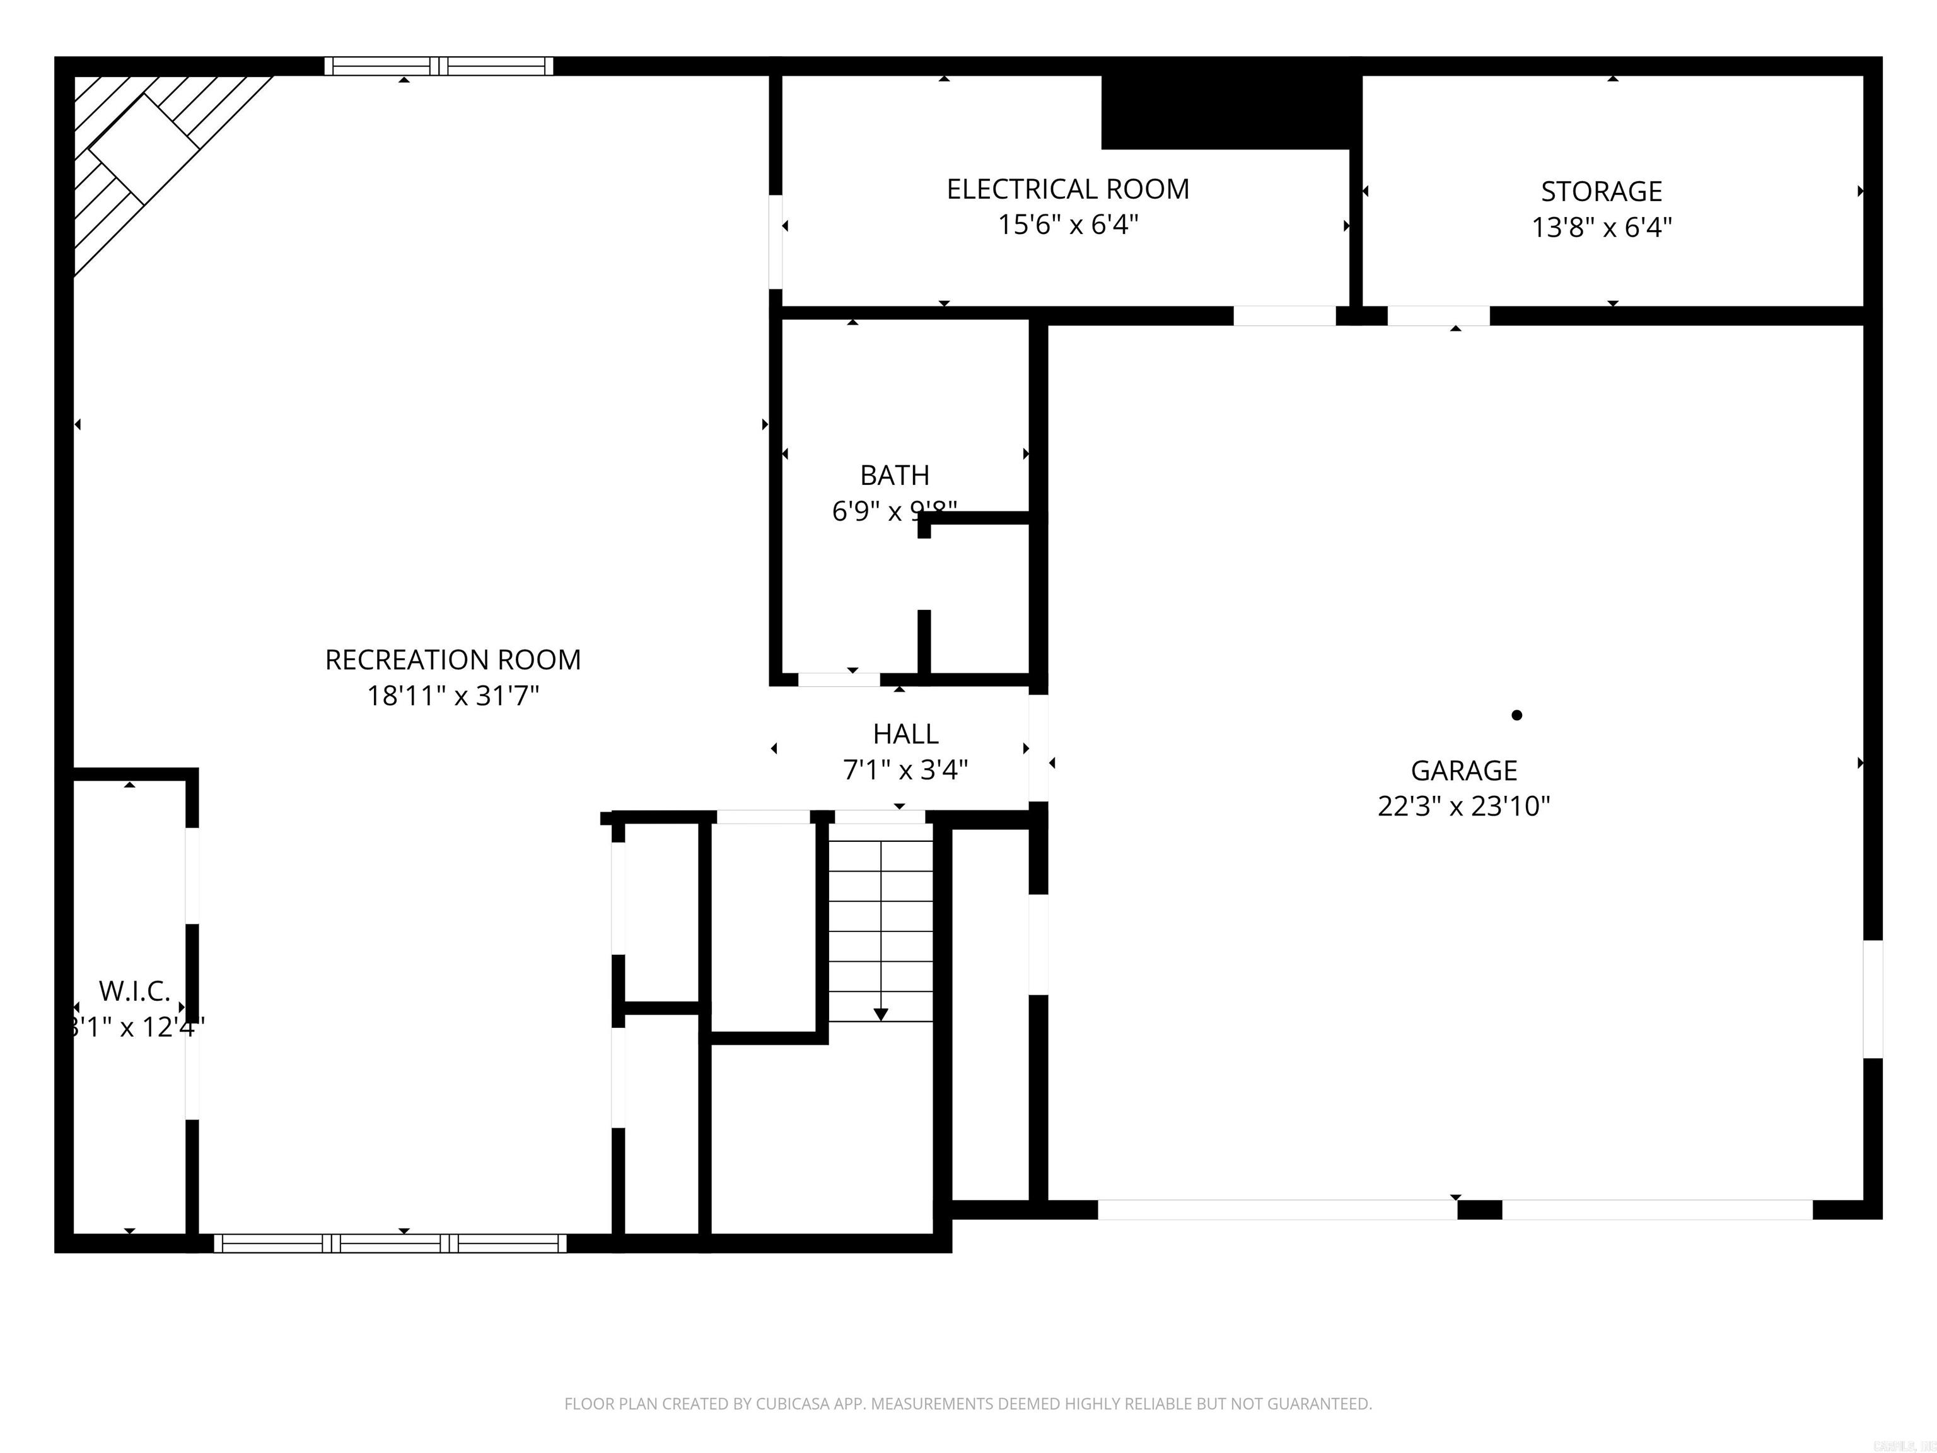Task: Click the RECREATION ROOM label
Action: click(x=453, y=660)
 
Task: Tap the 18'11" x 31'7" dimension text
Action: click(x=453, y=696)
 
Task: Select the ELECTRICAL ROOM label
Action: click(x=1067, y=189)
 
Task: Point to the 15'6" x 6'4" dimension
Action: click(x=1067, y=225)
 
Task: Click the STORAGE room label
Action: click(x=1601, y=191)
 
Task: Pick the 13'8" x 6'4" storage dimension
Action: click(x=1601, y=228)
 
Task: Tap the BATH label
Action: click(x=894, y=475)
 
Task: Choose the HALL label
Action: click(x=905, y=733)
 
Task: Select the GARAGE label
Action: click(x=1463, y=770)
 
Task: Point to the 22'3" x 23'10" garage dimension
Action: click(x=1463, y=806)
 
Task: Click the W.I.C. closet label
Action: click(x=134, y=991)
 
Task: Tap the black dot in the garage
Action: click(x=1516, y=715)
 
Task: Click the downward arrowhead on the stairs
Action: click(x=881, y=1014)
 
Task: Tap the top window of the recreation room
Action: click(x=439, y=66)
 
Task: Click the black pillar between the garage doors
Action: click(x=1479, y=1210)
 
